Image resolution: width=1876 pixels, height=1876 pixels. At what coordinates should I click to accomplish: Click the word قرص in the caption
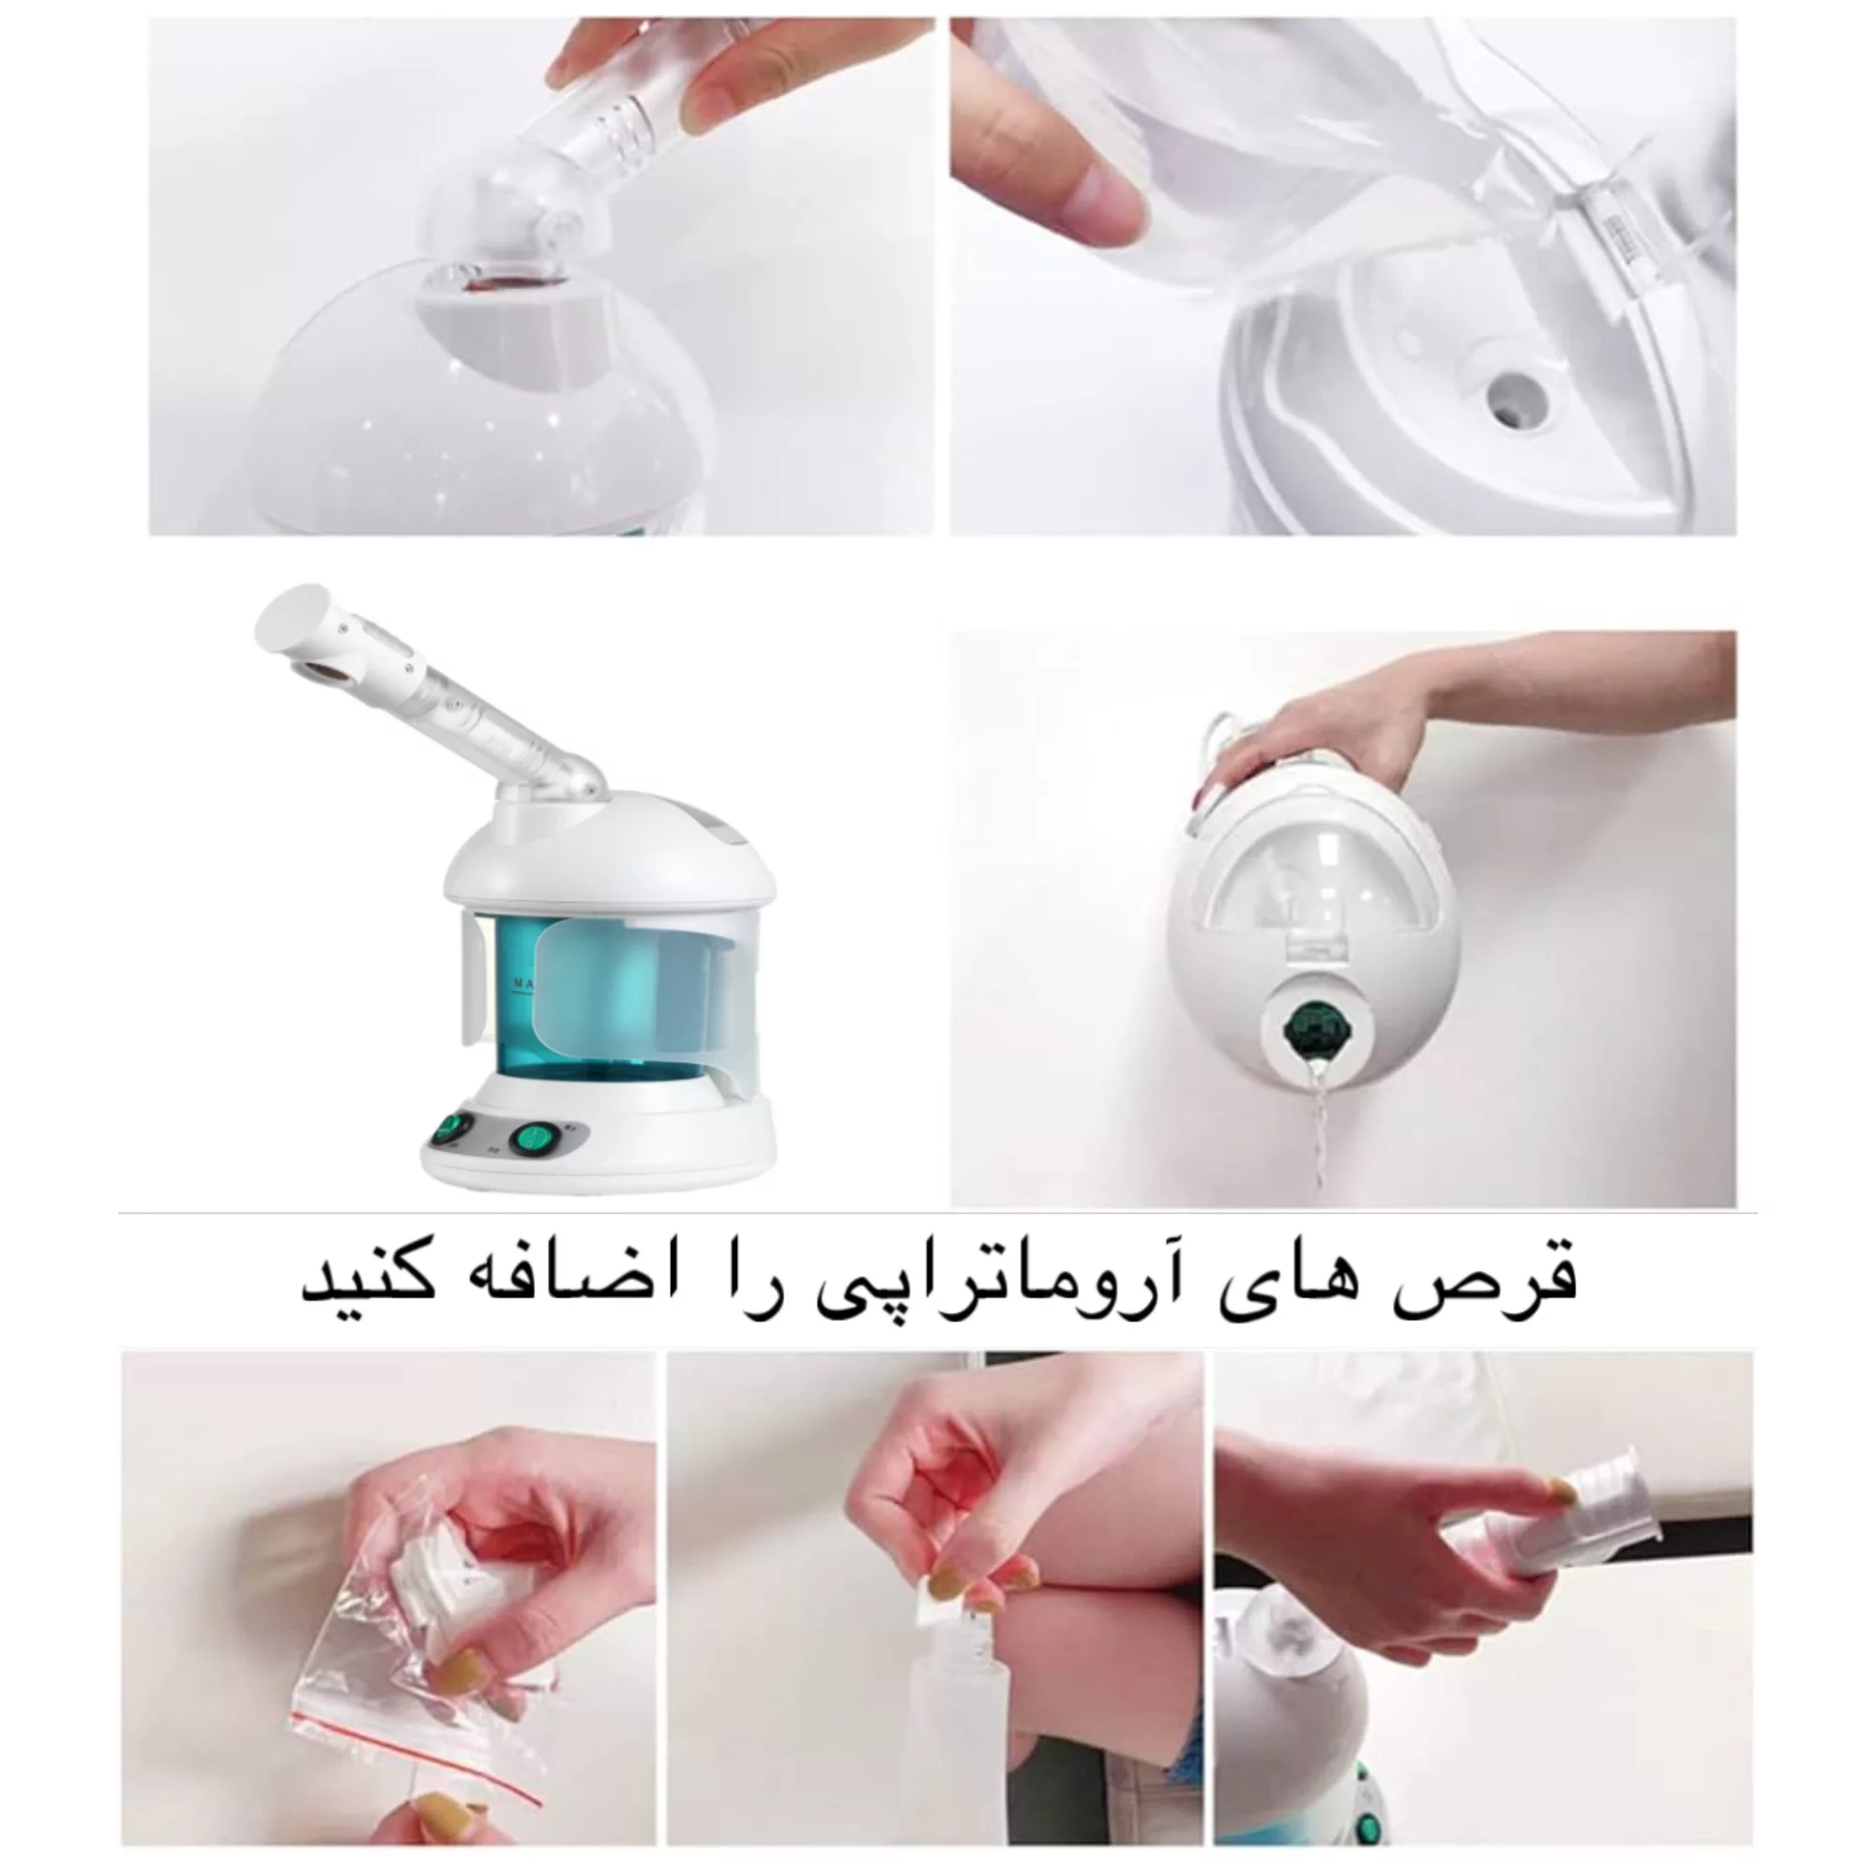pos(1510,1279)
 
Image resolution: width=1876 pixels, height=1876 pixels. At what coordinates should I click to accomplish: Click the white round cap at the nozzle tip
pos(288,614)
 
